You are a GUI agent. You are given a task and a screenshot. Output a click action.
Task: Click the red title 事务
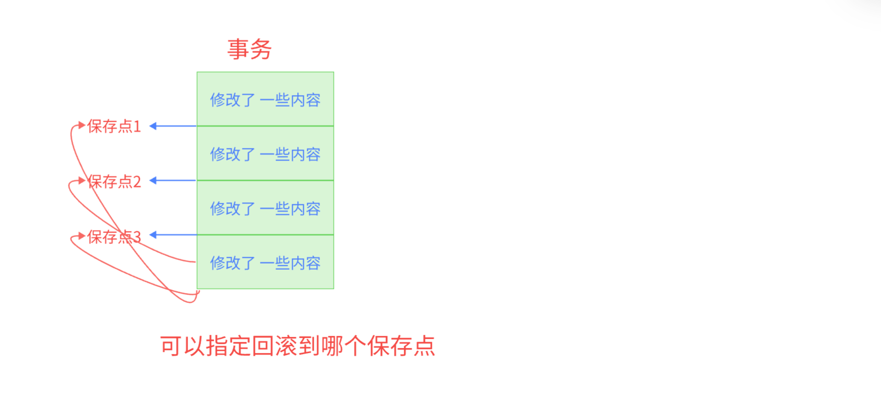click(x=249, y=49)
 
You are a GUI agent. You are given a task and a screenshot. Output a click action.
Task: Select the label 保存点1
click(x=114, y=126)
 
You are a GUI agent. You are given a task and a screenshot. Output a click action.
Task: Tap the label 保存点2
click(x=114, y=181)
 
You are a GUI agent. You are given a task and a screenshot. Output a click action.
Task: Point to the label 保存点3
click(x=114, y=236)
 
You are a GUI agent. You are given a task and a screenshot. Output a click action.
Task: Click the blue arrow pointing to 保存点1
click(x=172, y=126)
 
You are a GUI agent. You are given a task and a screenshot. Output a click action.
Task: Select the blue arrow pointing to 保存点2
click(x=172, y=180)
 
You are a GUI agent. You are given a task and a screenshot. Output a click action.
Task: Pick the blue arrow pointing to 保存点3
click(x=172, y=234)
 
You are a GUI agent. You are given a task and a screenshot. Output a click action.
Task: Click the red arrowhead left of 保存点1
click(x=81, y=125)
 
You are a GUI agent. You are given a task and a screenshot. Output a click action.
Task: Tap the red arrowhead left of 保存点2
click(x=81, y=180)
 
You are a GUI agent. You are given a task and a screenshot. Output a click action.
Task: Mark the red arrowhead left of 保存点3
click(x=81, y=235)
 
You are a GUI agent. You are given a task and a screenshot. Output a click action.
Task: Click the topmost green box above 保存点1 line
click(x=265, y=99)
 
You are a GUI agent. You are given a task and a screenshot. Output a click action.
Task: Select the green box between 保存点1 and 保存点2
click(x=265, y=153)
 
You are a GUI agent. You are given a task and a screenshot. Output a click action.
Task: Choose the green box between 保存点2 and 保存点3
click(x=265, y=208)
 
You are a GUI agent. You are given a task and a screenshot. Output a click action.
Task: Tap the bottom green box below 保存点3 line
click(x=265, y=262)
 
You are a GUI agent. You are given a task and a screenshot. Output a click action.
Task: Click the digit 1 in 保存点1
click(x=137, y=126)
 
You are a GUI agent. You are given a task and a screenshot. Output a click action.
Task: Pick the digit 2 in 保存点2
click(x=137, y=181)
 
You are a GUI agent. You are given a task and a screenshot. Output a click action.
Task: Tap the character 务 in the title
click(x=261, y=49)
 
